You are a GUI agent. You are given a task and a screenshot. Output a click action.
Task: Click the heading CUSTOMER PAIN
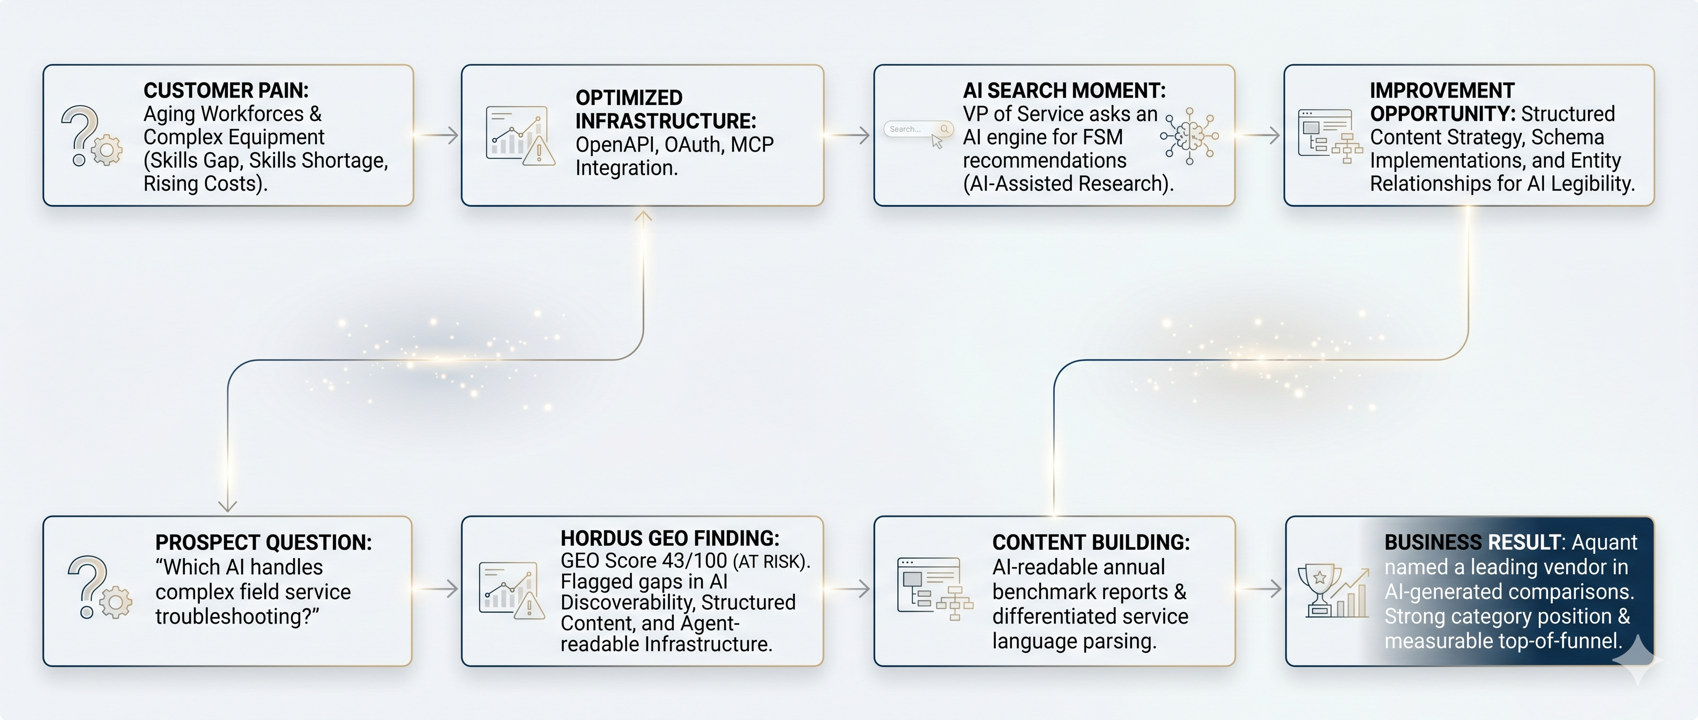point(226,90)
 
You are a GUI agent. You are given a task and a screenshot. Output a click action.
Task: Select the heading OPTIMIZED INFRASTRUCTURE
point(666,109)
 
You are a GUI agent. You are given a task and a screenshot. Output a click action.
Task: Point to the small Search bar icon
point(918,129)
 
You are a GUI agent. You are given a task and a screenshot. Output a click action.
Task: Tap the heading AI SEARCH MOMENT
point(1064,90)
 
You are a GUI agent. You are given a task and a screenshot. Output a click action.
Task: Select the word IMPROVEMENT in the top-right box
point(1442,90)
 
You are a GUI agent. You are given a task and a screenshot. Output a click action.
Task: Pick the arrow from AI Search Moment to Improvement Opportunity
point(1257,135)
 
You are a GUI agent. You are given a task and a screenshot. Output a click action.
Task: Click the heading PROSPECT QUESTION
point(264,542)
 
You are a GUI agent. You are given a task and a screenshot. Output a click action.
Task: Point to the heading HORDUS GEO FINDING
point(669,538)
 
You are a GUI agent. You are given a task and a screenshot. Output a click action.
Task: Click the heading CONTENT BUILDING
point(1091,542)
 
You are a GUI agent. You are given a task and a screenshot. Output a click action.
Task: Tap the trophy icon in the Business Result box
point(1320,590)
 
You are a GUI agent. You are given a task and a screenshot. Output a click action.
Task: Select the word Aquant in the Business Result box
point(1604,543)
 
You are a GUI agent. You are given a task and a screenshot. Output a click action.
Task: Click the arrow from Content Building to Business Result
point(1259,589)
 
